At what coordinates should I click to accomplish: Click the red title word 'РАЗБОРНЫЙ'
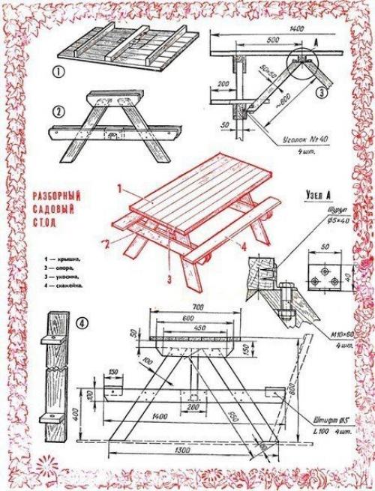(57, 196)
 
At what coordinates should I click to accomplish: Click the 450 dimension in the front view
(198, 328)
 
